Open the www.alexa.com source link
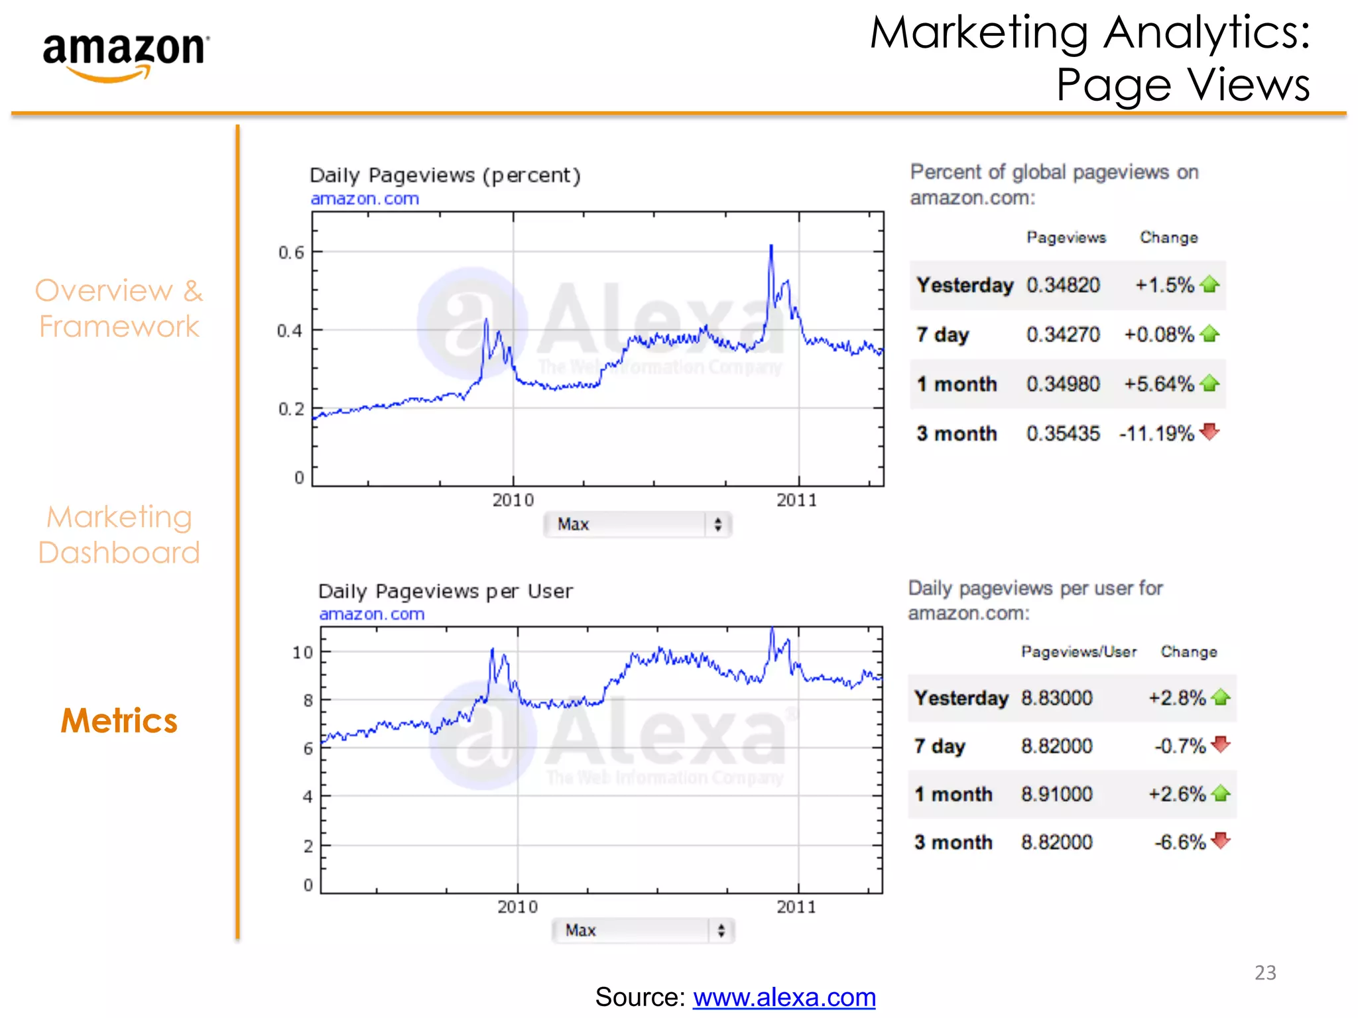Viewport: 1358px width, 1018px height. tap(784, 997)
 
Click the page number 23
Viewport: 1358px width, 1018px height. tap(1265, 972)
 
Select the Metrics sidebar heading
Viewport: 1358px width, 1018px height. tap(119, 720)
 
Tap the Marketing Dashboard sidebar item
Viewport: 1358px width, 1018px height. tap(119, 535)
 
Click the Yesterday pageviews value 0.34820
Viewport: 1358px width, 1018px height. tap(1063, 285)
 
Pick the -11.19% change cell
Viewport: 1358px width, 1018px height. tap(1156, 433)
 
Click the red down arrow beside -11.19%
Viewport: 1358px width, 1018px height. tap(1210, 431)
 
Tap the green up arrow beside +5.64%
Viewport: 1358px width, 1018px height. tap(1210, 383)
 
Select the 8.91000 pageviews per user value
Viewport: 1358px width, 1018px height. tap(1056, 794)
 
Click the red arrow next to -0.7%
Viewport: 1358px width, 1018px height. tap(1220, 744)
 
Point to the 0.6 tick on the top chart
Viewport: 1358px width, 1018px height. tap(291, 253)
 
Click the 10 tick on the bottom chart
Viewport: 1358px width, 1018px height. tap(302, 653)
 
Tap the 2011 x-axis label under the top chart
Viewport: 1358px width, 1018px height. tap(797, 500)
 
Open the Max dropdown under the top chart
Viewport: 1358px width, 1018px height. tap(637, 524)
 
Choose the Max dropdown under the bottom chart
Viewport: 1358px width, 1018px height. tap(643, 931)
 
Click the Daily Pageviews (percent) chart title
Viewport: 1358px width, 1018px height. tap(445, 176)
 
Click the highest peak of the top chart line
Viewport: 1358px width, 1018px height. tap(771, 247)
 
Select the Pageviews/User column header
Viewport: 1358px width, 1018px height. tap(1078, 652)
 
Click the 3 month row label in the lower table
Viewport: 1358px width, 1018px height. tap(953, 842)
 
